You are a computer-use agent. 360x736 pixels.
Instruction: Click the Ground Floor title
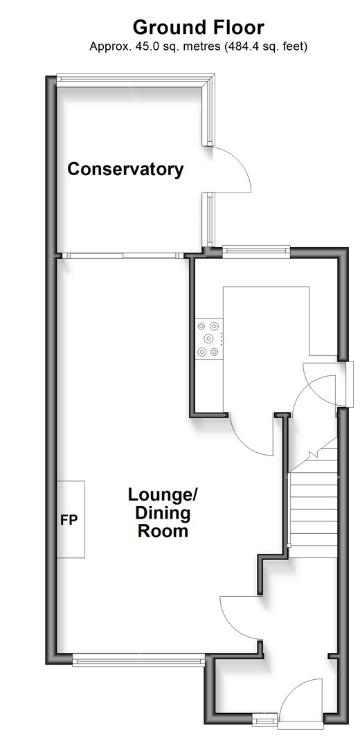point(198,27)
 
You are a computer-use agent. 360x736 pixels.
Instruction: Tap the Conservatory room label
point(125,169)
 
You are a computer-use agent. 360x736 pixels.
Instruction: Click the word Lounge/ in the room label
point(163,495)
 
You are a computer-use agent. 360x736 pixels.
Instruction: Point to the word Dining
point(163,513)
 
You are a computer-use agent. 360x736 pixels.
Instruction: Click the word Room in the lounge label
point(163,531)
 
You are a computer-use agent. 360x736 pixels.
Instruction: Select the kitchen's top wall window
point(255,251)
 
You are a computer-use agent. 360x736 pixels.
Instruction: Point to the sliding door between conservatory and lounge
point(123,255)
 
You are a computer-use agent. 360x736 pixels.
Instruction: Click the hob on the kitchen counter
point(209,339)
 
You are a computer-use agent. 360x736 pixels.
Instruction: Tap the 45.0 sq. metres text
point(155,46)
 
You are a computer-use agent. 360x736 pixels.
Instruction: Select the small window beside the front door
point(266,719)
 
